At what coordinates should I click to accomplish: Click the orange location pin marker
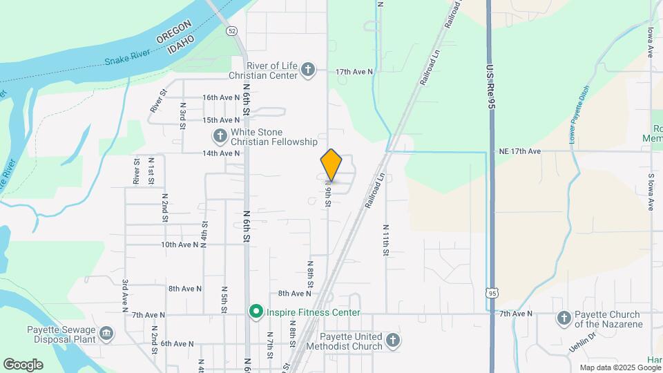click(x=331, y=164)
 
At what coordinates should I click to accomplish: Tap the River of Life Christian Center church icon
click(x=308, y=69)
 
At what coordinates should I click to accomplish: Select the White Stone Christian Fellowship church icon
click(x=220, y=135)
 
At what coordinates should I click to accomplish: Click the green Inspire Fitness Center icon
click(x=256, y=313)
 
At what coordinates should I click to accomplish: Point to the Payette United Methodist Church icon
click(x=392, y=339)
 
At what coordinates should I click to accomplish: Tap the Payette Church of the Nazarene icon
click(x=564, y=318)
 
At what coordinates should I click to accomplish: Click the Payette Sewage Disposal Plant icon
click(x=106, y=334)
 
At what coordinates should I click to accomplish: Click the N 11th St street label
click(x=385, y=240)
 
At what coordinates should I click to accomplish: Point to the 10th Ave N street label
click(x=180, y=245)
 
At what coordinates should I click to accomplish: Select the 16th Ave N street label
click(x=220, y=97)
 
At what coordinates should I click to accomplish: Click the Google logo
click(x=23, y=364)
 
